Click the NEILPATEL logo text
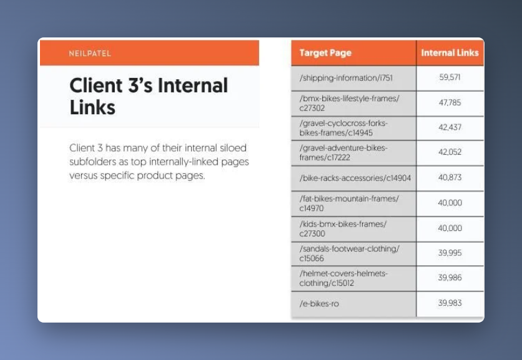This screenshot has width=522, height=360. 90,53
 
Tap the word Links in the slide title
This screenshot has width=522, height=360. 92,107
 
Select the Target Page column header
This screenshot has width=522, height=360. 325,53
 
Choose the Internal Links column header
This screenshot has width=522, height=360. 450,52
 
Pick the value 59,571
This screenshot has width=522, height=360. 450,77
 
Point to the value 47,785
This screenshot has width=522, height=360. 450,102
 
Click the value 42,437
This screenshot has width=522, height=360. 450,127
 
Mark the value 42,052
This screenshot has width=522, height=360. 450,152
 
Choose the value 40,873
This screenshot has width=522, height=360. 450,177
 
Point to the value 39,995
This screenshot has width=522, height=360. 450,253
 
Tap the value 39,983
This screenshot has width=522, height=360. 450,303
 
